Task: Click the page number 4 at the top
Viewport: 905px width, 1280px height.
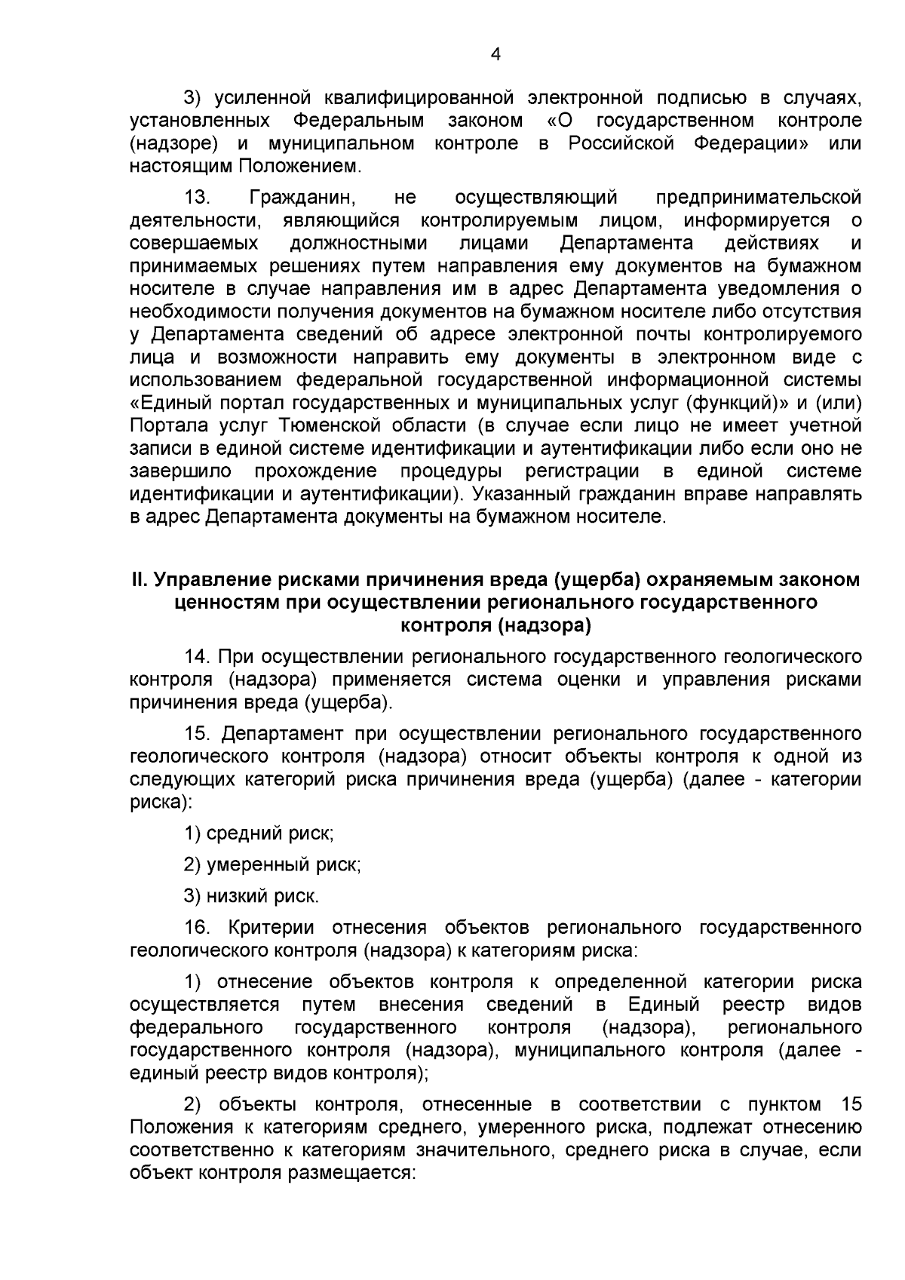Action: tap(495, 54)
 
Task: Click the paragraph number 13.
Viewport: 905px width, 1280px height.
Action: tap(197, 198)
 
